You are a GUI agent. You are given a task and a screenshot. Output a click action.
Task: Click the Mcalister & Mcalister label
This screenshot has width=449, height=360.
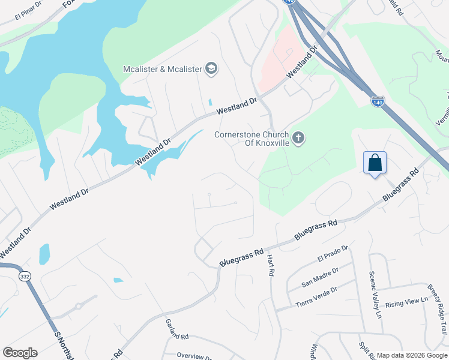click(163, 69)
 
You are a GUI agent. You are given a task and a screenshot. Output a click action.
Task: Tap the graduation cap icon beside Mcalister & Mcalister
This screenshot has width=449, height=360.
click(211, 69)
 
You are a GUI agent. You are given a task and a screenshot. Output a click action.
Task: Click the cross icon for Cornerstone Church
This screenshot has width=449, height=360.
click(299, 139)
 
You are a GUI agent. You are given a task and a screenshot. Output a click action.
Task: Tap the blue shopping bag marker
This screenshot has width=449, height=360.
click(375, 163)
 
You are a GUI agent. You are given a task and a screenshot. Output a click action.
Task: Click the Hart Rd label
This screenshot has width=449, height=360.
click(270, 264)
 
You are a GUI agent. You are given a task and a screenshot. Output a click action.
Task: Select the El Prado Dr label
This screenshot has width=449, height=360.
click(333, 254)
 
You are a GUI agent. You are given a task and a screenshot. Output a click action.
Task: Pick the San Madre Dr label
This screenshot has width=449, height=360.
click(320, 275)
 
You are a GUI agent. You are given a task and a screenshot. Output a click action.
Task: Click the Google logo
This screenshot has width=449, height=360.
click(20, 353)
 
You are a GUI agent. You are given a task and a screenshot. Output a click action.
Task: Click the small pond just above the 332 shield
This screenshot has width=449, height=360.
click(44, 254)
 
